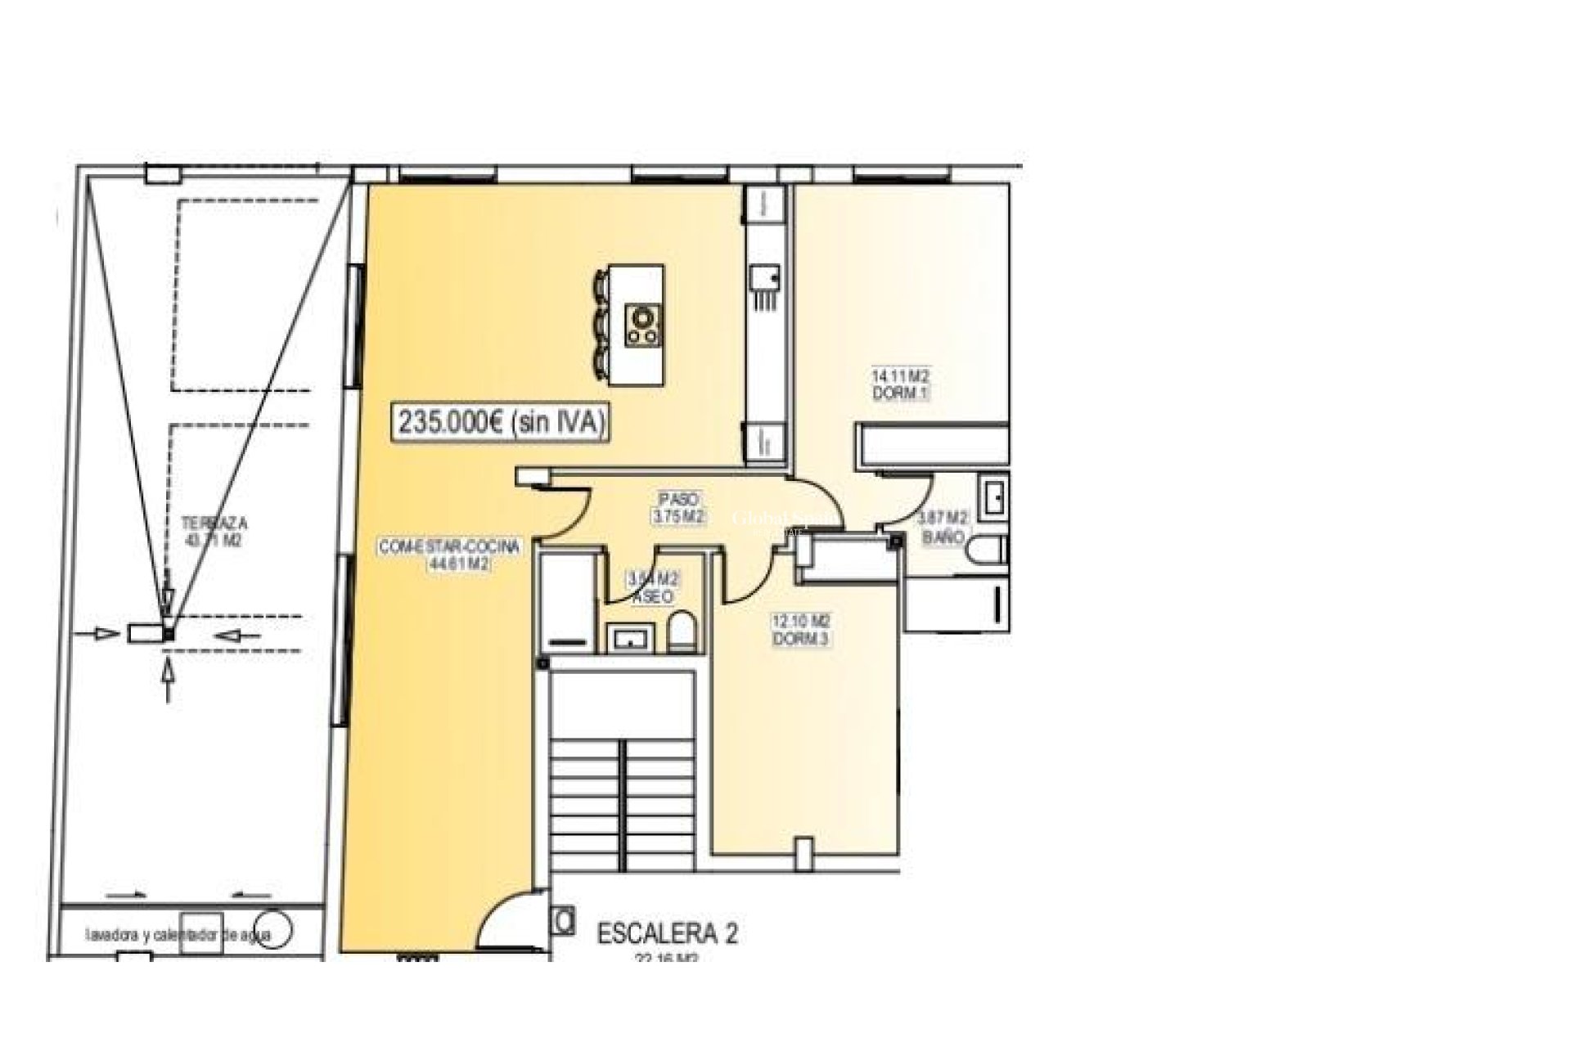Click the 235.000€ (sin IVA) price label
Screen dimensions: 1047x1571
tap(502, 423)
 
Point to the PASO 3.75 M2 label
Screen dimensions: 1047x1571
tap(679, 508)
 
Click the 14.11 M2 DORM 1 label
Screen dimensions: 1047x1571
tap(901, 384)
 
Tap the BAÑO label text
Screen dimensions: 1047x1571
tap(943, 538)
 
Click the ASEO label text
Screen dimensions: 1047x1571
tap(653, 597)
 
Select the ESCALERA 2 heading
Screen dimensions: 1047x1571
tap(668, 933)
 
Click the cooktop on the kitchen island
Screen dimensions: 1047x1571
tap(643, 324)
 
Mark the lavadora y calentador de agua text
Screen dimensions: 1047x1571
tap(190, 935)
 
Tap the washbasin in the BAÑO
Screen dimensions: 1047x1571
tap(994, 497)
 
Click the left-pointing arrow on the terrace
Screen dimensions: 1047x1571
tap(240, 635)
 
